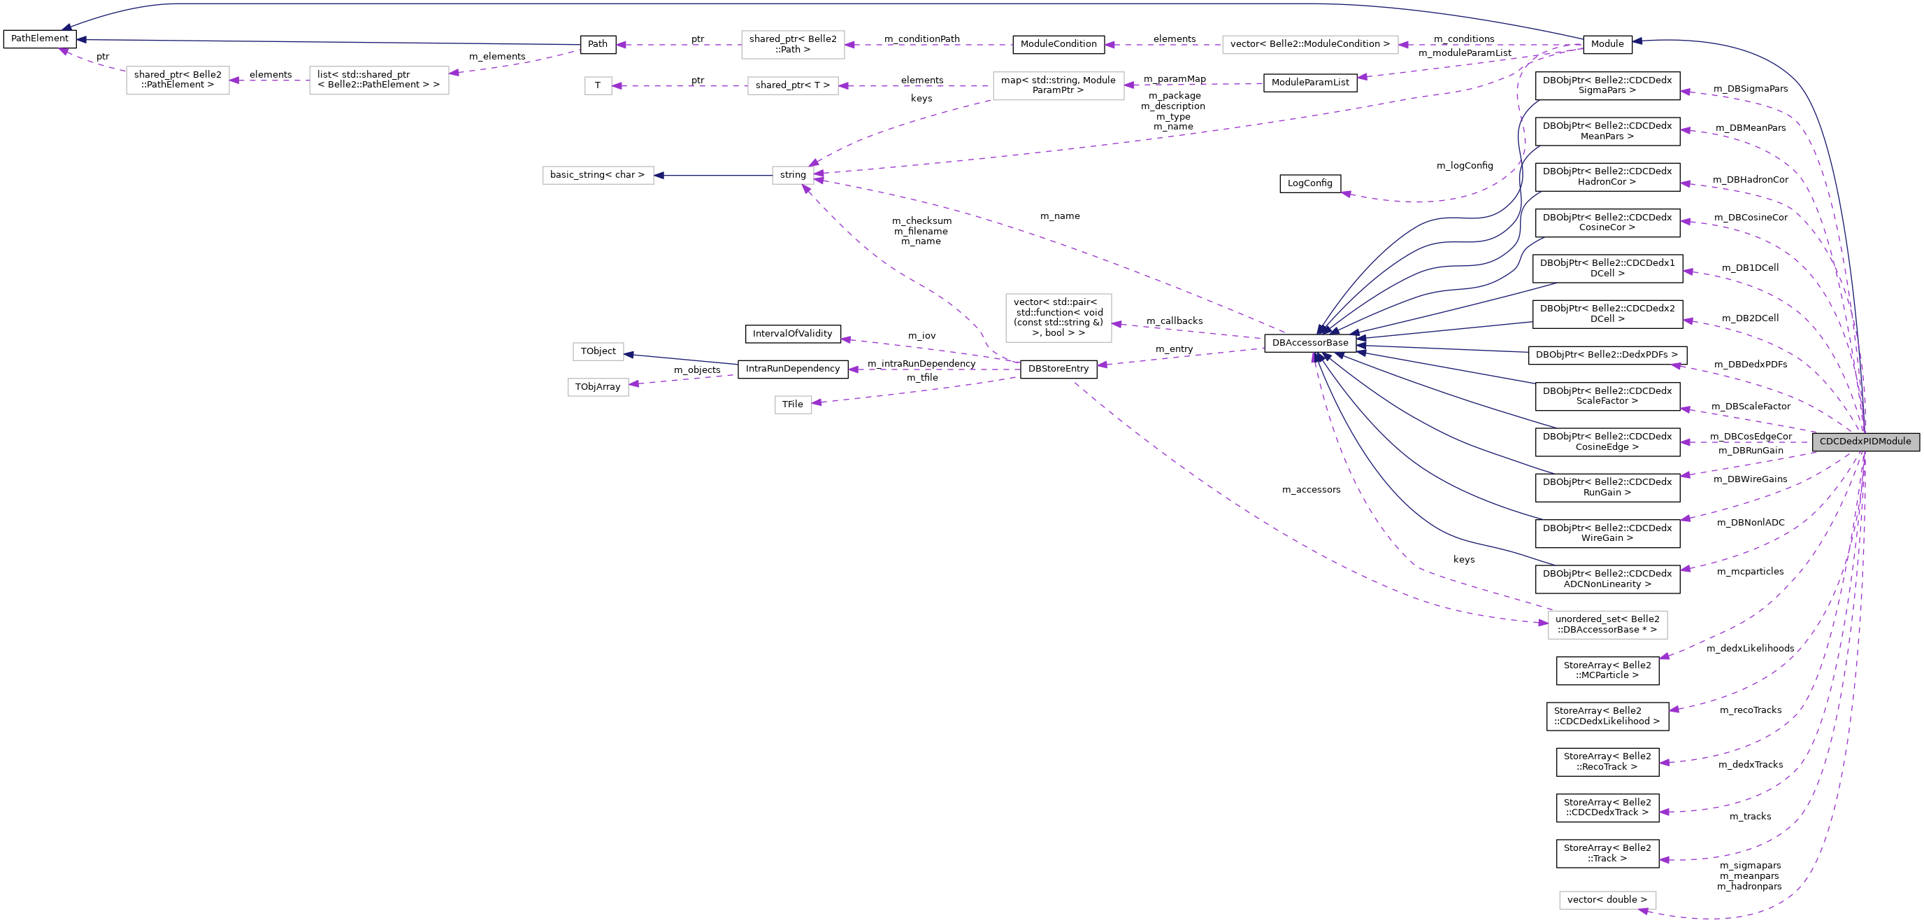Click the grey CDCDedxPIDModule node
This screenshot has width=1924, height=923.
point(1865,442)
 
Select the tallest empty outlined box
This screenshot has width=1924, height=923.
point(1058,318)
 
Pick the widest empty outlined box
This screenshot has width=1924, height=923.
point(1309,45)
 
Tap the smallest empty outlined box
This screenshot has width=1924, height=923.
point(598,86)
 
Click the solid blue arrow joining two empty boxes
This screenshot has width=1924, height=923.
point(713,176)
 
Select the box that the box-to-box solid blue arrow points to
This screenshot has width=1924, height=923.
point(598,176)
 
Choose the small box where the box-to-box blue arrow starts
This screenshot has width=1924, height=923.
point(792,176)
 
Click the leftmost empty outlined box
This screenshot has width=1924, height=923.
point(178,80)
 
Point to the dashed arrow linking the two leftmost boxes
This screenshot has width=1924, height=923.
point(269,80)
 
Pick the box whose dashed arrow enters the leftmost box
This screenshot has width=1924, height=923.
point(379,80)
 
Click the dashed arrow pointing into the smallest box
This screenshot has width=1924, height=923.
point(680,86)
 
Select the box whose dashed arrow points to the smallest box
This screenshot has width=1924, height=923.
point(792,86)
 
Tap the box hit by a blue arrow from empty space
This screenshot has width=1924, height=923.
point(598,351)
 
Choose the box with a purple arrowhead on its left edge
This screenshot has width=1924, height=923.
point(1607,625)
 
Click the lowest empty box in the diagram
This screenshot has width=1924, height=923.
point(1607,900)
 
